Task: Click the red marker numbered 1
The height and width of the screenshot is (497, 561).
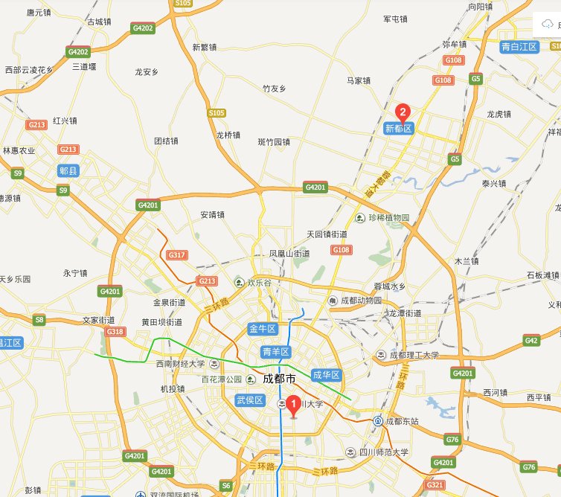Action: [293, 405]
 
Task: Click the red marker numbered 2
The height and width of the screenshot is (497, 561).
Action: [403, 113]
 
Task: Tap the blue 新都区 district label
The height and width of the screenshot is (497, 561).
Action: [398, 129]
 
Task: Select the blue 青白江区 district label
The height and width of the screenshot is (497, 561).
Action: [519, 46]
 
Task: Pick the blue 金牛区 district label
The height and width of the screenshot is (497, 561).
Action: [262, 328]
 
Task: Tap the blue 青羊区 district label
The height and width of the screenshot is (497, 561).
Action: [275, 351]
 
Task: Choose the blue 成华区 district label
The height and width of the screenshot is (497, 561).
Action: [326, 375]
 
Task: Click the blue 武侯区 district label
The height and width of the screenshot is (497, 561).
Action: [250, 400]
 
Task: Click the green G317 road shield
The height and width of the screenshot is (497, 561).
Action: [176, 255]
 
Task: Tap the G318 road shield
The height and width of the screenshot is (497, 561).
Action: [115, 332]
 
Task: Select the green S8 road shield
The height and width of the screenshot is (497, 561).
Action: [39, 321]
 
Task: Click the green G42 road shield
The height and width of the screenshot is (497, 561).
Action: [530, 341]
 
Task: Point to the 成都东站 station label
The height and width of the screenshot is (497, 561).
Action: [402, 422]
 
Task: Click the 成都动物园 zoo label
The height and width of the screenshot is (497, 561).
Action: [361, 301]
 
